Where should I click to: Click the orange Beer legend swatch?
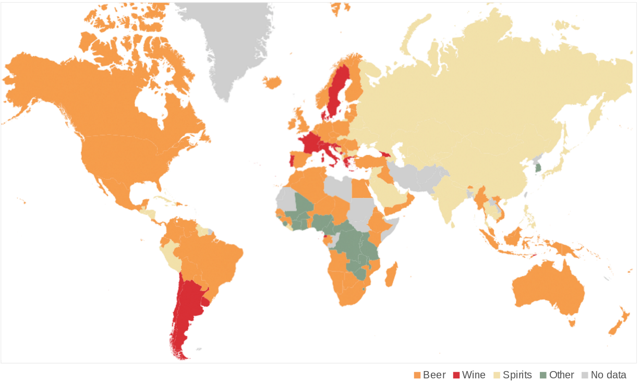[x=417, y=375]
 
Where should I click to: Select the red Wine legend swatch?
[x=456, y=375]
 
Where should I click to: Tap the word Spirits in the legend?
[x=517, y=375]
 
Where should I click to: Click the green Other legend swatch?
[x=544, y=375]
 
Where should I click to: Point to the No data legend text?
[x=608, y=375]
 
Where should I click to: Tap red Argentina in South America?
[x=185, y=308]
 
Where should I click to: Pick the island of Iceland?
[x=272, y=82]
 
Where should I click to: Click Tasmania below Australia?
[x=572, y=323]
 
